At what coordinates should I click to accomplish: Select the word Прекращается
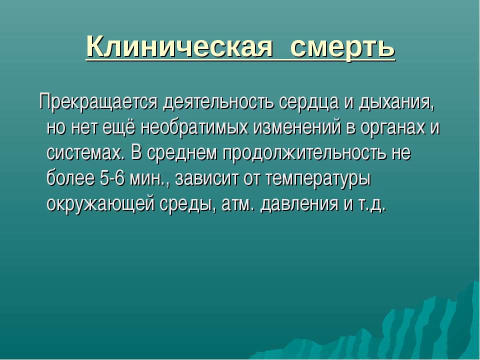(x=98, y=103)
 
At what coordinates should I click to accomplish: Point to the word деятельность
(x=219, y=103)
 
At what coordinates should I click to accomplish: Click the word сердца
(x=309, y=103)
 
